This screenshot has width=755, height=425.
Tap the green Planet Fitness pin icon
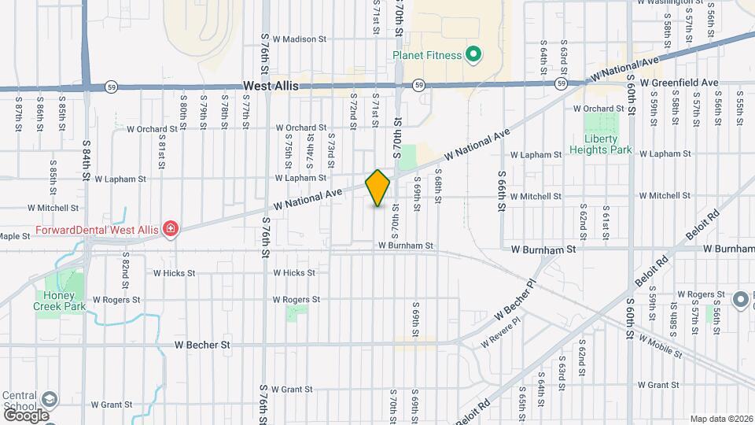tap(473, 55)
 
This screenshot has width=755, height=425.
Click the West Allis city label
tap(271, 86)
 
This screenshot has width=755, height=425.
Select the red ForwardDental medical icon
tap(170, 229)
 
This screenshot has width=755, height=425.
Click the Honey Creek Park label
tap(59, 301)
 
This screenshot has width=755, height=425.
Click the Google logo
tap(25, 415)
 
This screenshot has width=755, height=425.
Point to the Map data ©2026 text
tap(720, 419)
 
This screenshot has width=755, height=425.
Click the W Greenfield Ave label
tap(679, 82)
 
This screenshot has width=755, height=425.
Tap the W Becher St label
tap(202, 345)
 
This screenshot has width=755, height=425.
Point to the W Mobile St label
tap(660, 343)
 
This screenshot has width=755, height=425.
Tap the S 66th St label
tap(500, 191)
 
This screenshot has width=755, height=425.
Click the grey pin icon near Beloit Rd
tap(740, 300)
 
